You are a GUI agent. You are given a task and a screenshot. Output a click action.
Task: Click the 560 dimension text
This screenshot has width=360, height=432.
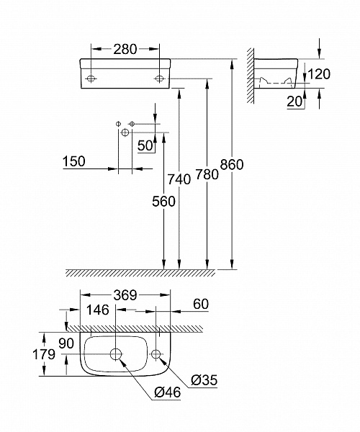point(163,202)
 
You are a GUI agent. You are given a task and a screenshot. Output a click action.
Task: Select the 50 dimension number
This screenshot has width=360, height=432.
point(146,145)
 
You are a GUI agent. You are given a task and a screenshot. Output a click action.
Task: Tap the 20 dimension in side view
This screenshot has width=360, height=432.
point(293,102)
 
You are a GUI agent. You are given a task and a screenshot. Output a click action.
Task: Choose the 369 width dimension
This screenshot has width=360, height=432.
point(125,295)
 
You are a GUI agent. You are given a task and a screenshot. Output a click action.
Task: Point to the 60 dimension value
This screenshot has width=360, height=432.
point(201,305)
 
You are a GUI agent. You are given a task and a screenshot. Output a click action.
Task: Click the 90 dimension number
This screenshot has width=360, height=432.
point(66,344)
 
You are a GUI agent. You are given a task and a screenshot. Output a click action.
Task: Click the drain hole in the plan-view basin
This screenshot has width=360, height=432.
point(116,354)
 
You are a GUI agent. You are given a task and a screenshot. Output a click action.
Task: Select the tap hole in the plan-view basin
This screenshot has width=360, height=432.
point(157,354)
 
